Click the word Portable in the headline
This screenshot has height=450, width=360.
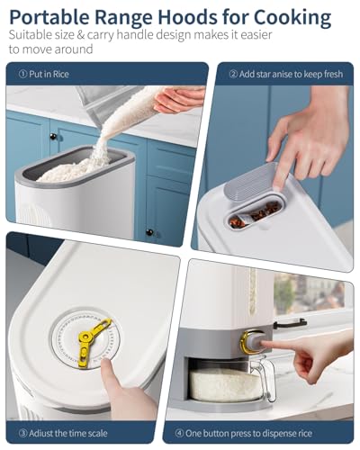[49, 17]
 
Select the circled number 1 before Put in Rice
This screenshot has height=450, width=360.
[22, 74]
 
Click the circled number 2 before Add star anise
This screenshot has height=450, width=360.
[233, 74]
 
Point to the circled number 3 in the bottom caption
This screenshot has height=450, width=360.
[22, 433]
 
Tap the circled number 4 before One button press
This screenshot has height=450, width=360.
[179, 433]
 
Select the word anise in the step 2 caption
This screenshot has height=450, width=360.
[273, 74]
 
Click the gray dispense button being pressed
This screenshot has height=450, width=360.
[254, 342]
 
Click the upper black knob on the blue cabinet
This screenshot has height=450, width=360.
[53, 137]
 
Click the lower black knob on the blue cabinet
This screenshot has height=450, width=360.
[149, 232]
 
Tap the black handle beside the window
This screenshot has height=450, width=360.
[290, 323]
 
